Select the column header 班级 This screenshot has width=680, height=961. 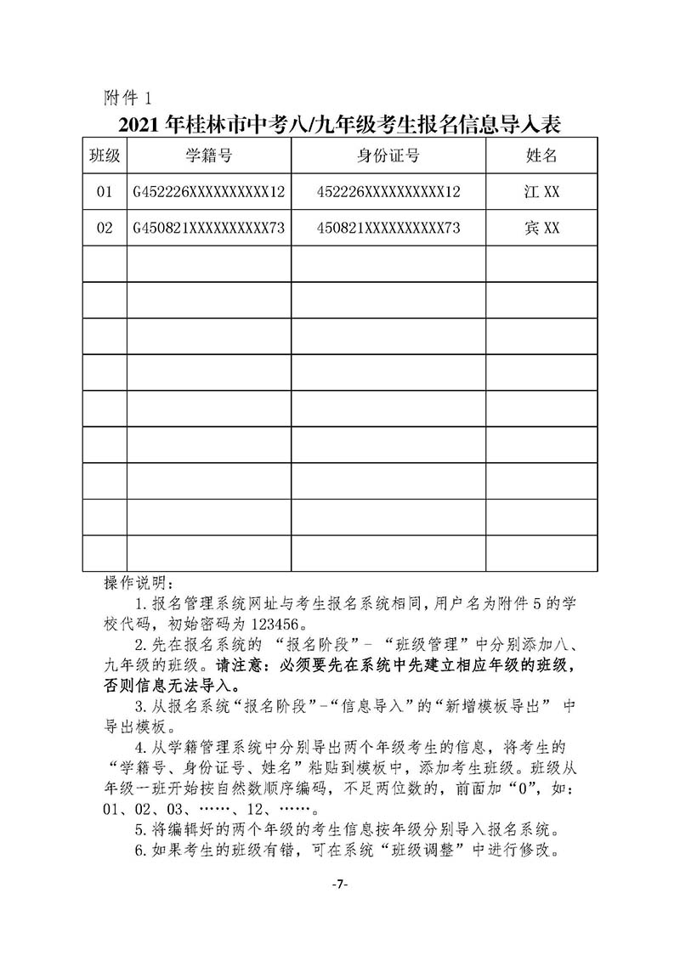tap(105, 155)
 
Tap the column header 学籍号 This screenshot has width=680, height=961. tap(209, 155)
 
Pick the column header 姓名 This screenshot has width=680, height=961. tap(541, 155)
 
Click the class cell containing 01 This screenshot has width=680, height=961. tap(105, 192)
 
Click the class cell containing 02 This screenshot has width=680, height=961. tap(105, 229)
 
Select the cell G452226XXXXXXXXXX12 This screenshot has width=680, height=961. tap(209, 192)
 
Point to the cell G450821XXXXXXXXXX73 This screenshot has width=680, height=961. tap(209, 229)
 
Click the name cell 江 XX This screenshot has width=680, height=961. tap(541, 192)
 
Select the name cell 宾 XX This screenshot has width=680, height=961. tap(541, 229)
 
